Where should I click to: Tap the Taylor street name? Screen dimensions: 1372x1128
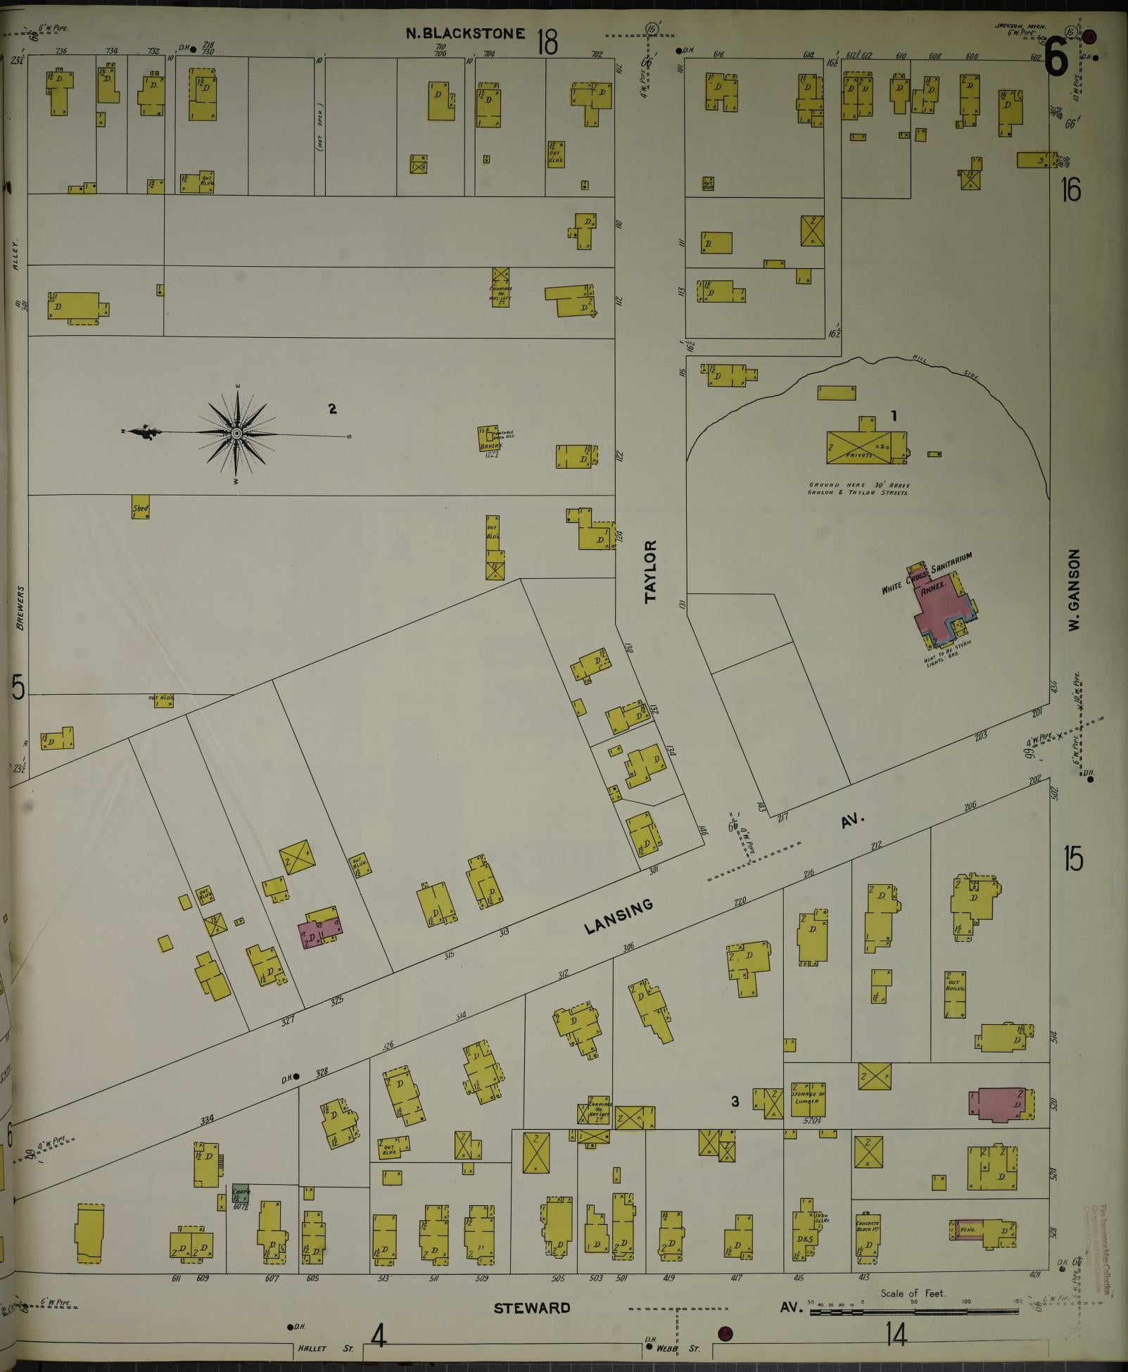650,572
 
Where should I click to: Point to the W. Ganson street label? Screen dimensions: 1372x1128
1074,590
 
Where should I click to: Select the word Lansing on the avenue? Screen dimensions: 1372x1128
619,917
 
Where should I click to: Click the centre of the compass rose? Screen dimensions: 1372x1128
236,433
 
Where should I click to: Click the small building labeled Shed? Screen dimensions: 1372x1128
141,510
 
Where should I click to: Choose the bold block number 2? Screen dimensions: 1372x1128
332,408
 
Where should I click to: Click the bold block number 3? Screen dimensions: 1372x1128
735,1102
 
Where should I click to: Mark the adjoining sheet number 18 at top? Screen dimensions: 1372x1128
547,42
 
